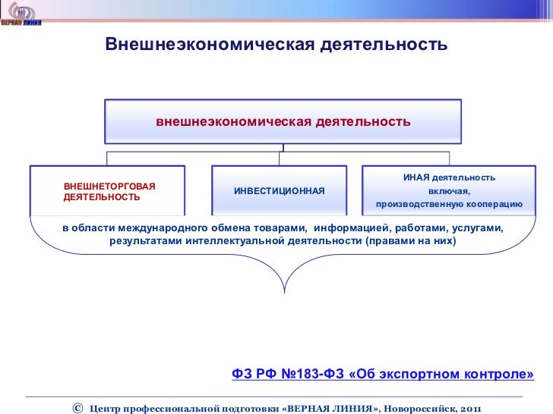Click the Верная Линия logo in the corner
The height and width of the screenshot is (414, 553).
click(x=21, y=14)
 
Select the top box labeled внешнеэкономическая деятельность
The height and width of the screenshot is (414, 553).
click(x=283, y=121)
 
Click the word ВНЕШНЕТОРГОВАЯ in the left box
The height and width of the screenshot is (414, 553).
click(x=109, y=186)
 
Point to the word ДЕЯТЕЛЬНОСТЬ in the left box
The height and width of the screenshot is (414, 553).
click(x=102, y=196)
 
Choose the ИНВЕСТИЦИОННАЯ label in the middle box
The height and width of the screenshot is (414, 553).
click(x=279, y=190)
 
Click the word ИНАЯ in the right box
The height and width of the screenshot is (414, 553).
click(x=417, y=177)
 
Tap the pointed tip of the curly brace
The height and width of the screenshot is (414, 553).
click(x=284, y=291)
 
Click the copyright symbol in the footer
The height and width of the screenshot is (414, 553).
click(x=77, y=408)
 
